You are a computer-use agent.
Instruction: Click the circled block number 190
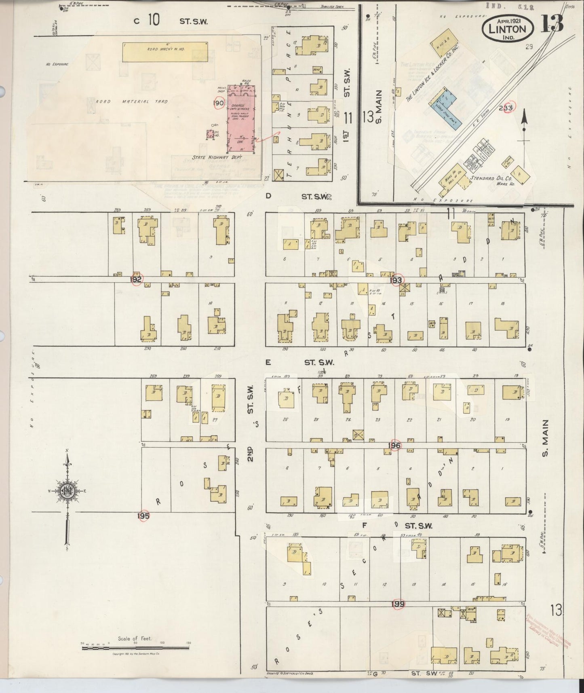click(219, 104)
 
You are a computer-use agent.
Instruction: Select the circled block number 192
click(136, 279)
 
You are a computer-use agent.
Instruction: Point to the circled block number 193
click(396, 280)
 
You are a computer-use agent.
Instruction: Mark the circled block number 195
click(143, 516)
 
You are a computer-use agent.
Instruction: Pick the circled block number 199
click(398, 604)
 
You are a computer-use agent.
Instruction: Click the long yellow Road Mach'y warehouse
click(165, 52)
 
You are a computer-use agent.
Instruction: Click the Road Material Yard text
click(131, 101)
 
